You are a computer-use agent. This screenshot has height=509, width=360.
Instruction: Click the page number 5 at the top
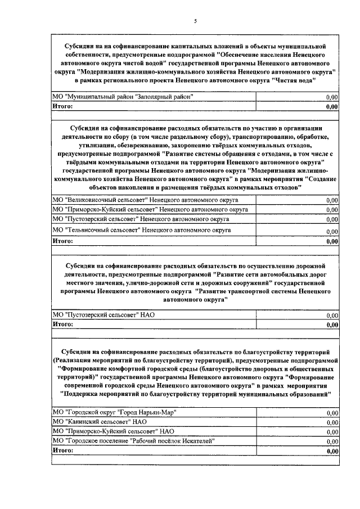195,21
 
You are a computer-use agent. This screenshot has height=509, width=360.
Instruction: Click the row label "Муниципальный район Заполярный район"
123,97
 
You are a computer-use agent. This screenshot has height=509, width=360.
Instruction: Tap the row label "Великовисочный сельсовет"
145,200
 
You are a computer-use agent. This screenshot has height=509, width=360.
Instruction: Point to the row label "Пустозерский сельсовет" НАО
103,315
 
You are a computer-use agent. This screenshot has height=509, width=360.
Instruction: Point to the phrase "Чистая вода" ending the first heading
295,80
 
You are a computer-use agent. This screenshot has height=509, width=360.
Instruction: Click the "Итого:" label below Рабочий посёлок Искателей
62,451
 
